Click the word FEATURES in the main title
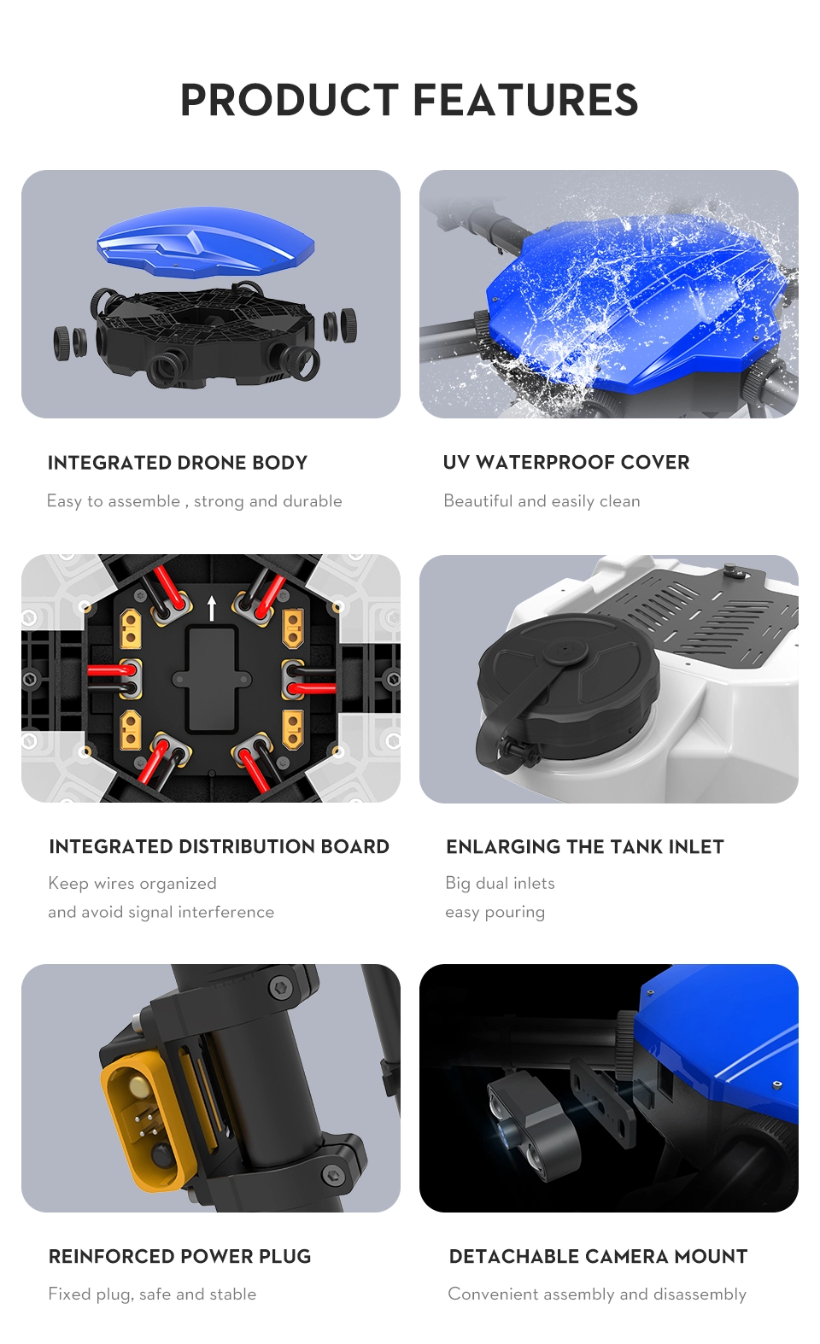[525, 100]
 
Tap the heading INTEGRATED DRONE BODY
[177, 463]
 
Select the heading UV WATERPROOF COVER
[566, 462]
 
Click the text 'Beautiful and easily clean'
[542, 501]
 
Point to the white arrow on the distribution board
[211, 609]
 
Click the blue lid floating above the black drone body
[206, 243]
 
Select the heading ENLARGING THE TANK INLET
[585, 846]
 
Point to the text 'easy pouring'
[495, 912]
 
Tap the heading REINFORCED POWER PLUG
[179, 1256]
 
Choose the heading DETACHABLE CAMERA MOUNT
[598, 1256]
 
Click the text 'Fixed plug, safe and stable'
[152, 1294]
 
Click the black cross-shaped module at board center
[211, 679]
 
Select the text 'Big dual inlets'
[500, 883]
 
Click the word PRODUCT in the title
[290, 100]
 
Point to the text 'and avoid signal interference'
[161, 912]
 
